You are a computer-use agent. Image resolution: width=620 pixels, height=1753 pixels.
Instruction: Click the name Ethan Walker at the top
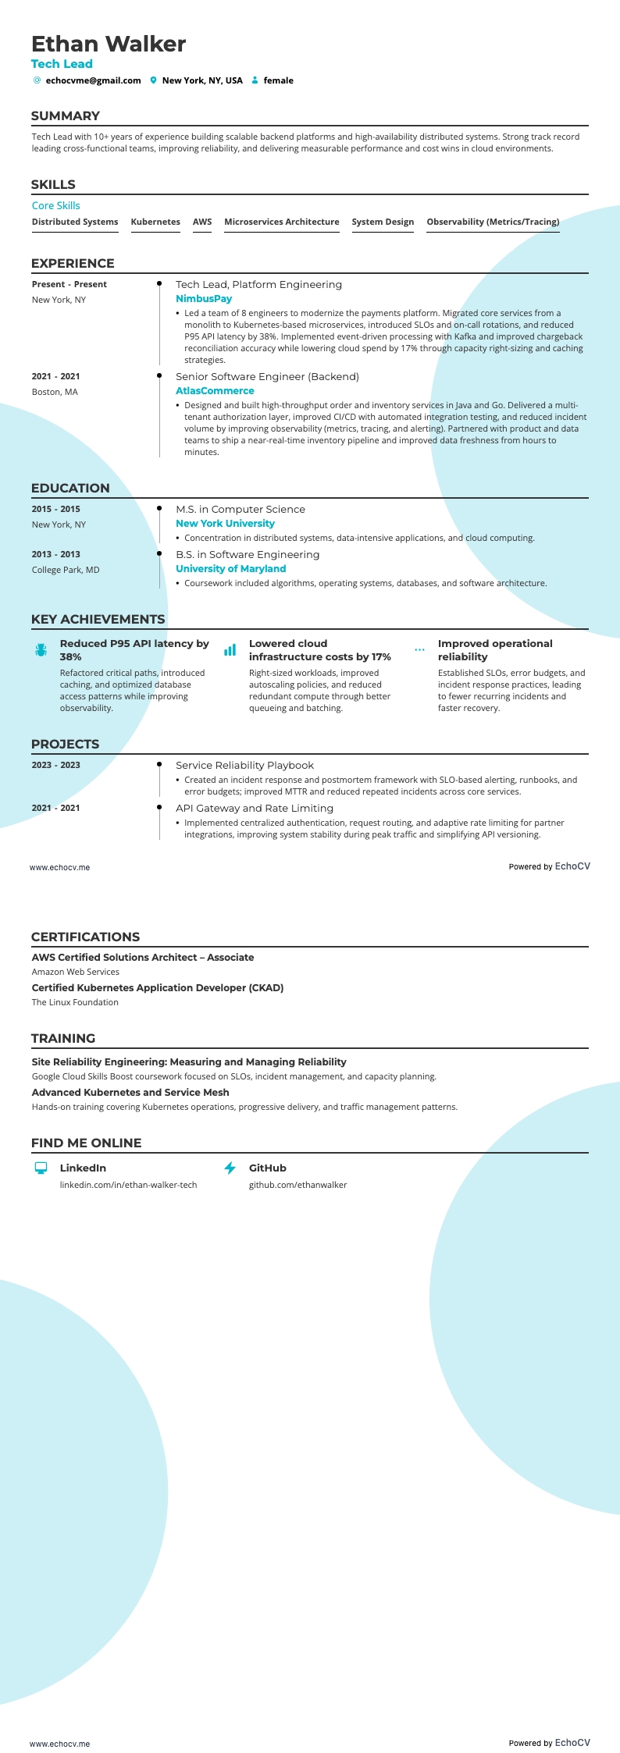109,44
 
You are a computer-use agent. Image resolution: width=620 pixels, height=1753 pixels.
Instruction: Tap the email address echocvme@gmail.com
93,80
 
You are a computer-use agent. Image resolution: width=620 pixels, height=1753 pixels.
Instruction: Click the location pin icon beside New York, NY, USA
154,80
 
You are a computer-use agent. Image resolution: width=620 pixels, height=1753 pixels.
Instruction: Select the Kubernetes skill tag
155,222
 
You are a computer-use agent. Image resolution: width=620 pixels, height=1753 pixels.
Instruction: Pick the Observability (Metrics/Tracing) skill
493,222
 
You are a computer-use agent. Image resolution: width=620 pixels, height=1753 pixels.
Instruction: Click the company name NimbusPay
204,299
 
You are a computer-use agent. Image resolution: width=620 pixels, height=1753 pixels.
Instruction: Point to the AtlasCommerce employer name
215,391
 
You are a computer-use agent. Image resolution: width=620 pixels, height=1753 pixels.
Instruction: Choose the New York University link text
225,524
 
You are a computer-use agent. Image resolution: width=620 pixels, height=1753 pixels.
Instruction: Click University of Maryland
230,569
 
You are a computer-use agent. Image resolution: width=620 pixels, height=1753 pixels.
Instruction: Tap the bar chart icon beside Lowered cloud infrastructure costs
230,650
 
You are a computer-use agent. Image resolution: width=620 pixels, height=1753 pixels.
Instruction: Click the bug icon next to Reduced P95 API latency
41,650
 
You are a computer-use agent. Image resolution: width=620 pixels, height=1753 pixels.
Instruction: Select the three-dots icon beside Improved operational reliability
419,649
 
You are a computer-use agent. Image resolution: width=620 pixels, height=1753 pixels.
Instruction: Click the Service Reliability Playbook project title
244,766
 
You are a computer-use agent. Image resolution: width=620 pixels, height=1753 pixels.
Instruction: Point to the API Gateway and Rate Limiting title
254,809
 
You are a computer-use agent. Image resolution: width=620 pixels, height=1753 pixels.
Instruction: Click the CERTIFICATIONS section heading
85,937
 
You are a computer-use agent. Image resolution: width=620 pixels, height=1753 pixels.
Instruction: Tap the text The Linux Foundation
75,1002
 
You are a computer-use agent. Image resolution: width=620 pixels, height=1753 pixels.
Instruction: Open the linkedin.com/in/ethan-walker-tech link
128,1185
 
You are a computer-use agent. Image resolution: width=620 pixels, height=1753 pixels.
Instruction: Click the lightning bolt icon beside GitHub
230,1168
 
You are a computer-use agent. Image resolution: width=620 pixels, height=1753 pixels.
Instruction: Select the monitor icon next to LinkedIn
41,1168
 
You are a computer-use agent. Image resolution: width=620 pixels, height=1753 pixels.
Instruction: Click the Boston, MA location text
55,392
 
